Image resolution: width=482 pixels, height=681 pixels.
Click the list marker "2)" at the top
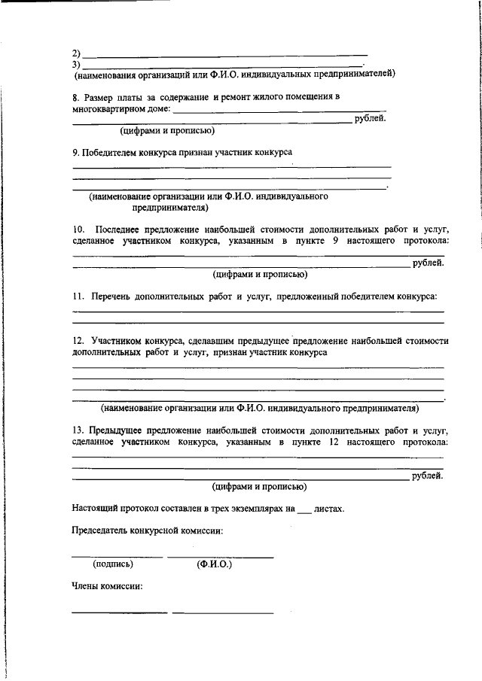(76, 54)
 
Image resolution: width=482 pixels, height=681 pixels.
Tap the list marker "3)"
(76, 64)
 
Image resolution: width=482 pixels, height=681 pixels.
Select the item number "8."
(76, 97)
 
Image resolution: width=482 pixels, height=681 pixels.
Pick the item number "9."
(76, 153)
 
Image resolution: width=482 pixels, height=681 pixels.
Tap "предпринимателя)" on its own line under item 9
(171, 207)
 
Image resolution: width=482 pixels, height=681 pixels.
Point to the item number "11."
(78, 297)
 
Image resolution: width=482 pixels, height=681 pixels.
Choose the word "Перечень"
(112, 297)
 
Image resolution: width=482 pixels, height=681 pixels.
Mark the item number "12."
(78, 341)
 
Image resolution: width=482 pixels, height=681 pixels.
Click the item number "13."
(78, 430)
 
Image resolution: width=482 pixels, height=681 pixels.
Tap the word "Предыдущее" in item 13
(120, 430)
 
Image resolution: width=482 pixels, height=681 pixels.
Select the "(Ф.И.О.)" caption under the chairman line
(214, 564)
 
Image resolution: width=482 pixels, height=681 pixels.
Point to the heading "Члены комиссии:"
(107, 586)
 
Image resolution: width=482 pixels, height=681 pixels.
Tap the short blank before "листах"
(304, 510)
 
